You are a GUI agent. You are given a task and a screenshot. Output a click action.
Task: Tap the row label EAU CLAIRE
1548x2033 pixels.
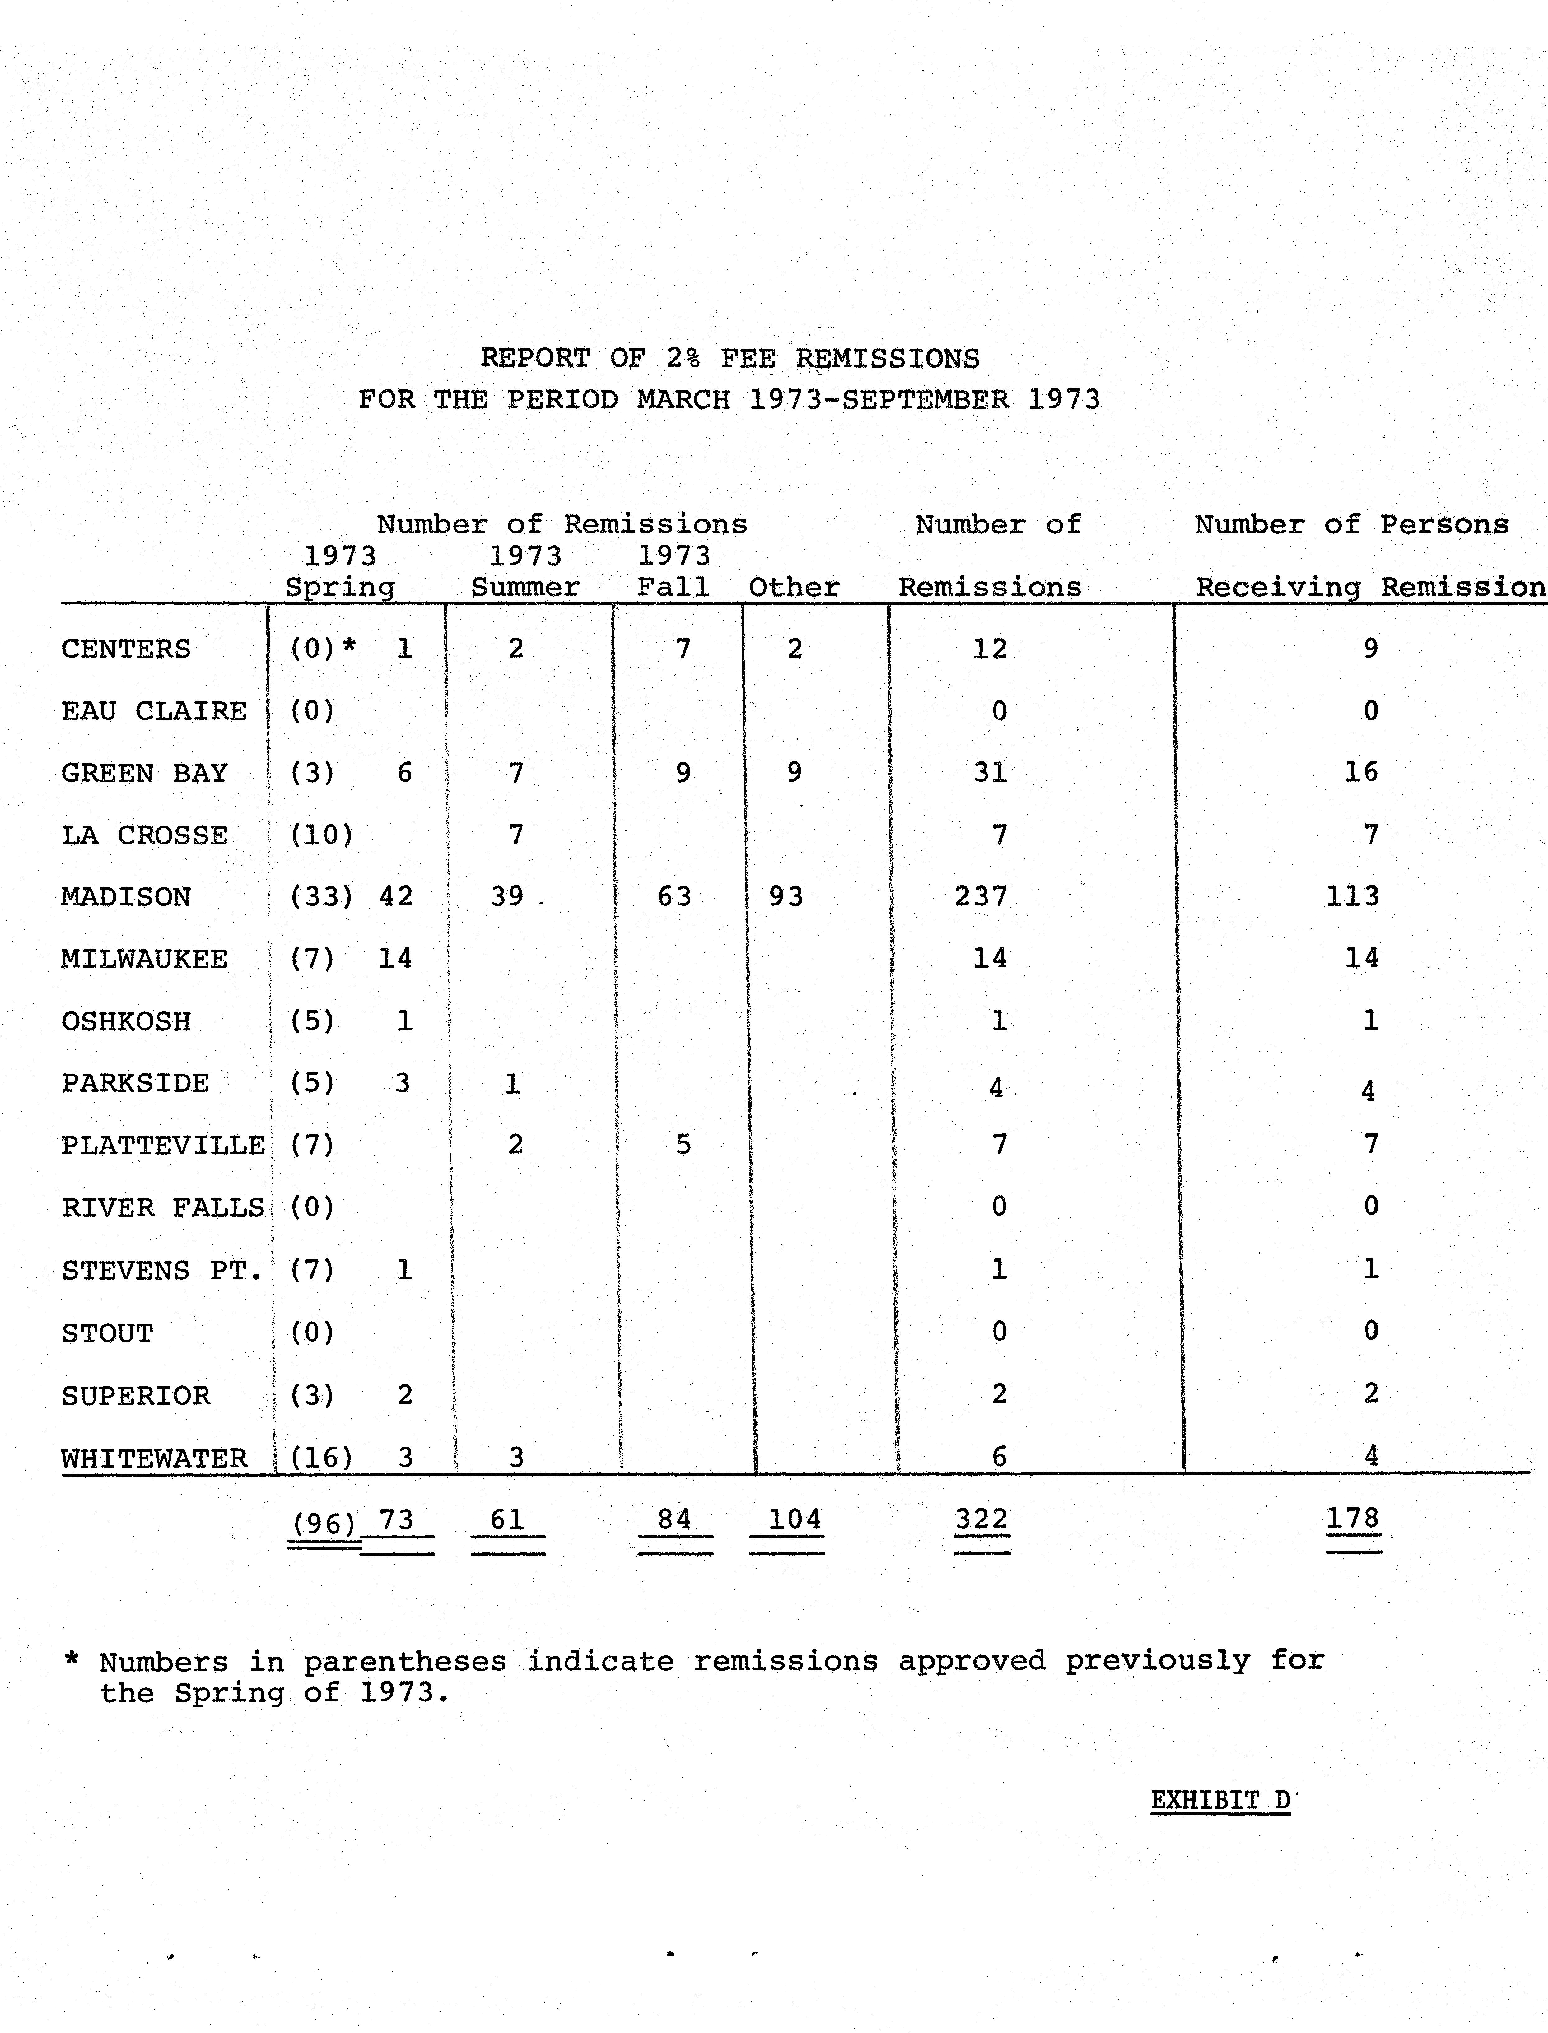(154, 711)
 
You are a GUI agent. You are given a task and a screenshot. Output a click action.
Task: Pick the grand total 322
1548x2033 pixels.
(981, 1519)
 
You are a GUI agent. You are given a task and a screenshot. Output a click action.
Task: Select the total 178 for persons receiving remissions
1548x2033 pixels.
(1353, 1518)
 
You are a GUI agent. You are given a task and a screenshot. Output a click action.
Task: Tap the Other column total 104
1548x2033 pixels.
(794, 1519)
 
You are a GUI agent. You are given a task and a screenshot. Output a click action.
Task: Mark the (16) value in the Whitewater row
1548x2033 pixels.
(322, 1458)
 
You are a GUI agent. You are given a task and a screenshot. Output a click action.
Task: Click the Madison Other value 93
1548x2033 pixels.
(786, 896)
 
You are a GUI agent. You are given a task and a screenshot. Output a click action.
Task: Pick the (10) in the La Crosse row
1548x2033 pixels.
(322, 835)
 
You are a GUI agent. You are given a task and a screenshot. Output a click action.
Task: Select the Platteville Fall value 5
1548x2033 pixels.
(683, 1145)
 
